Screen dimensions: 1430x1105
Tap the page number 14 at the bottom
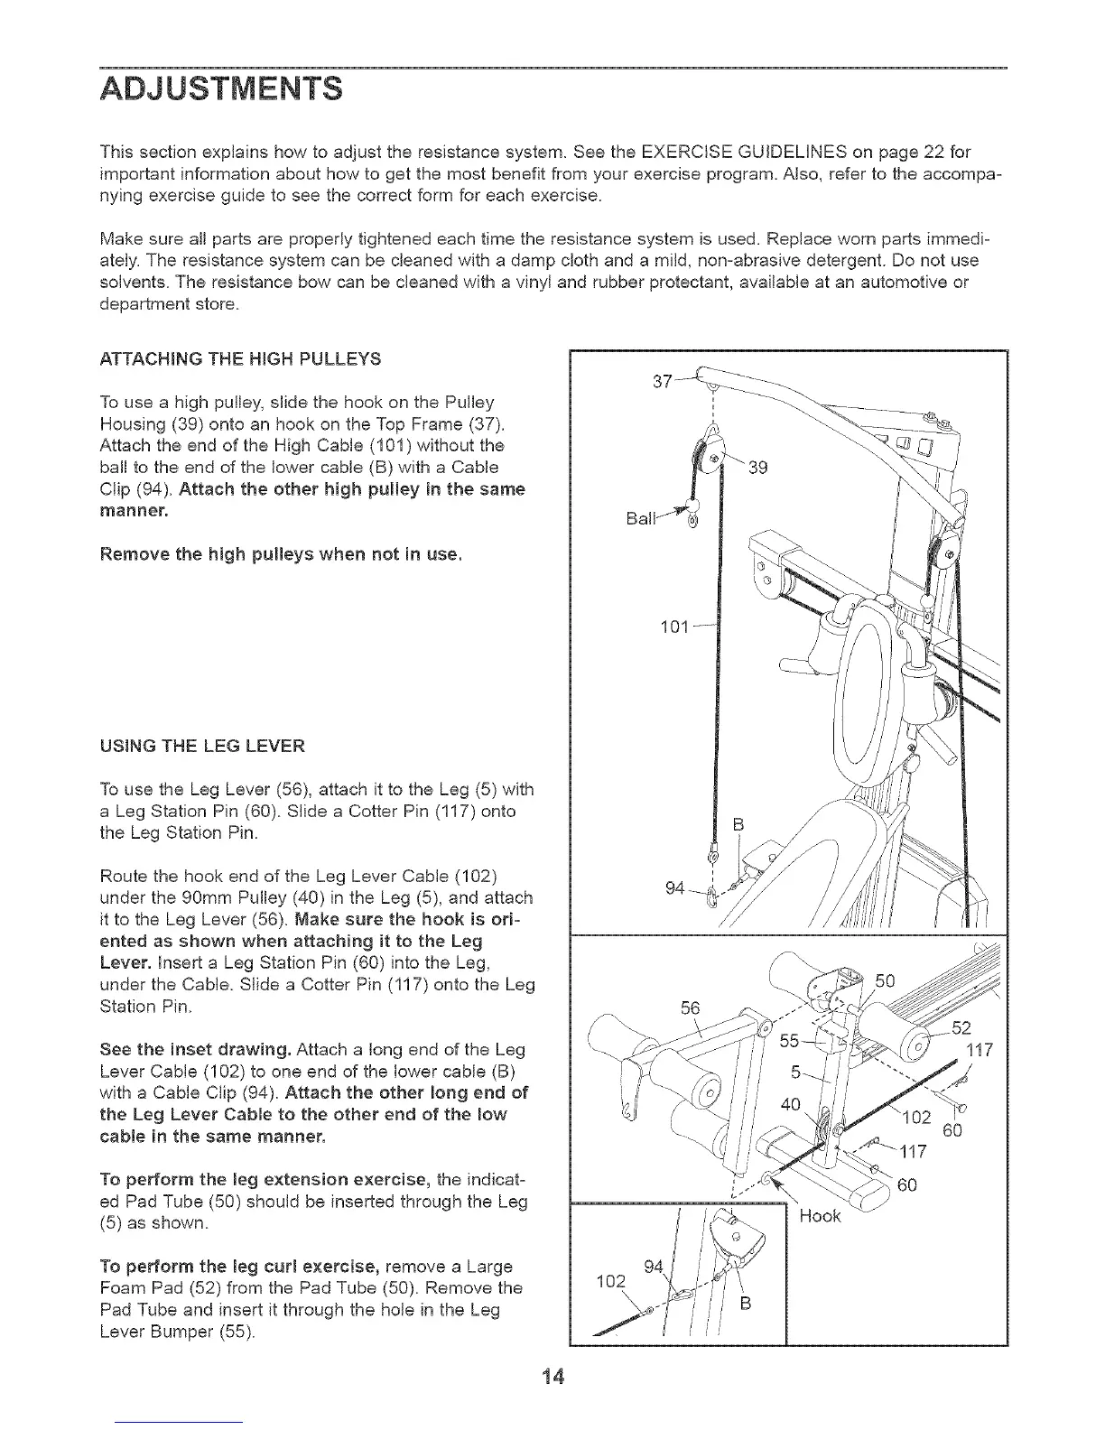tap(552, 1377)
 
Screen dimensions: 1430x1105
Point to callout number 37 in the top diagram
tap(663, 382)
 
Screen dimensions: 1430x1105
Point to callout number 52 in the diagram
tap(961, 1027)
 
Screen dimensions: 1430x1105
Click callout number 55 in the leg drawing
tap(790, 1041)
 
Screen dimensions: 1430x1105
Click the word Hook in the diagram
tap(820, 1216)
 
